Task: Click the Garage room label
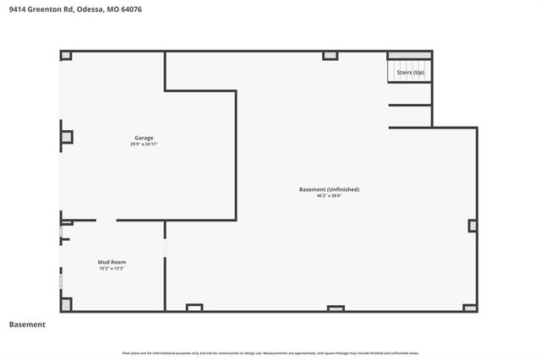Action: coord(144,138)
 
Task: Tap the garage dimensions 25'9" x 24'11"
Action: coord(144,145)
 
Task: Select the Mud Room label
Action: coord(112,262)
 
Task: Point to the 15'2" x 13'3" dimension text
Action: coord(112,269)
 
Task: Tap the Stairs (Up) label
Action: coord(410,72)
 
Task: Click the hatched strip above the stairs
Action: coord(410,56)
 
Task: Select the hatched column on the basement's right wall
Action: coord(473,226)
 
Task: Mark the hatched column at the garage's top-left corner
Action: coord(66,56)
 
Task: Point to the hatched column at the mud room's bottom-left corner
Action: coord(66,304)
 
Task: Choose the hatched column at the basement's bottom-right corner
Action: coord(471,308)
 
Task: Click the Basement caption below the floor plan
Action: coord(27,325)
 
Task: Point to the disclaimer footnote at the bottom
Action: coord(270,352)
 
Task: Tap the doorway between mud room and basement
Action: coord(166,247)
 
